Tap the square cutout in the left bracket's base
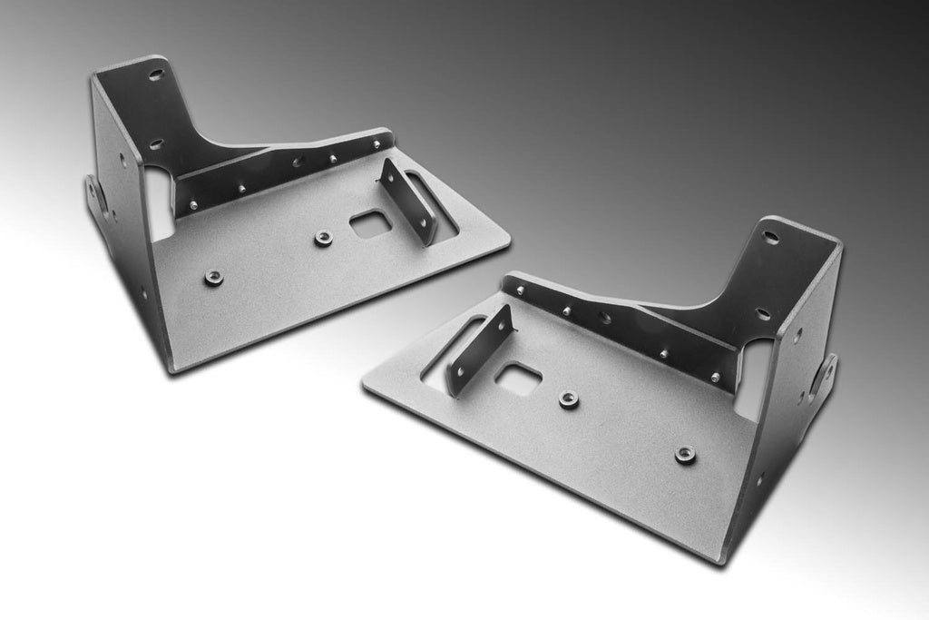pyautogui.click(x=367, y=223)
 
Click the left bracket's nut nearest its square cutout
pyautogui.click(x=322, y=238)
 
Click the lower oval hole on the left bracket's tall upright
pyautogui.click(x=156, y=143)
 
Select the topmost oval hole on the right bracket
pyautogui.click(x=770, y=238)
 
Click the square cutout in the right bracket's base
pyautogui.click(x=520, y=379)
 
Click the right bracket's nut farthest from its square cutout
pyautogui.click(x=685, y=453)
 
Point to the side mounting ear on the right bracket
pyautogui.click(x=827, y=374)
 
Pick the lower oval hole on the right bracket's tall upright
pyautogui.click(x=763, y=313)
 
